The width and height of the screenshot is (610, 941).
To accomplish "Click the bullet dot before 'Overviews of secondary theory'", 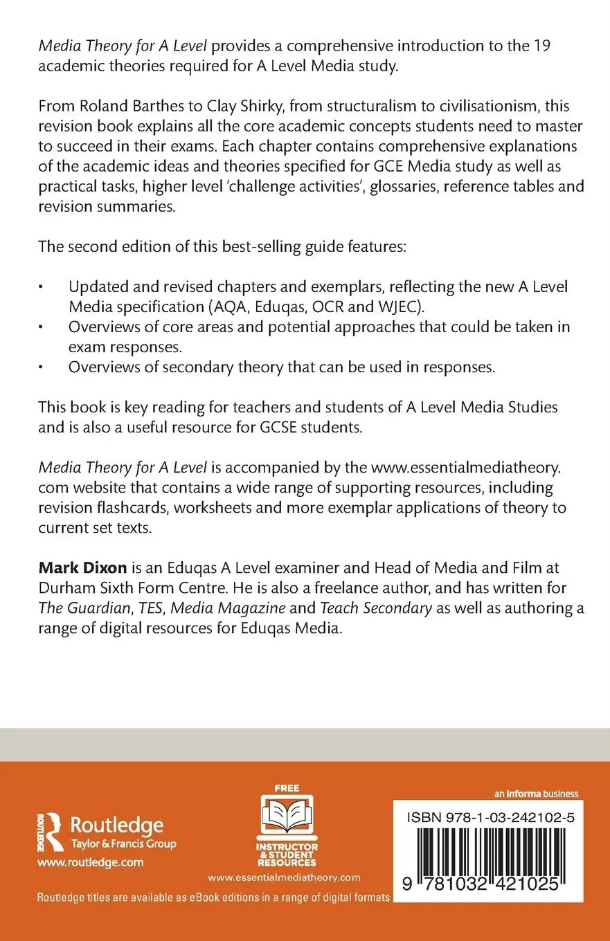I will click(x=42, y=367).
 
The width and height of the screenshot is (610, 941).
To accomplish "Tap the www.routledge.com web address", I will click(x=90, y=862).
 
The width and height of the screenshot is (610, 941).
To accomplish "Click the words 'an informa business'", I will click(x=536, y=794).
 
